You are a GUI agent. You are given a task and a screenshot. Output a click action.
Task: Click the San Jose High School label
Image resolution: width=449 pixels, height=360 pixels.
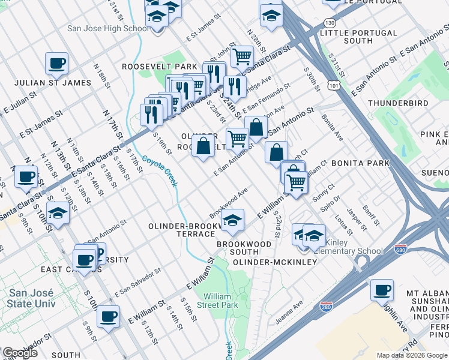point(109,28)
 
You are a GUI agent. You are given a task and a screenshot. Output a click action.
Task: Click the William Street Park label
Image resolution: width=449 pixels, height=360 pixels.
point(221,301)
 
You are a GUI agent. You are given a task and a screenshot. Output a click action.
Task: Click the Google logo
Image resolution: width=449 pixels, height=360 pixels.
point(20,353)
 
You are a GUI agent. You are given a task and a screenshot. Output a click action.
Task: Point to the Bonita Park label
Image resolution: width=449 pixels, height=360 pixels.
point(360,163)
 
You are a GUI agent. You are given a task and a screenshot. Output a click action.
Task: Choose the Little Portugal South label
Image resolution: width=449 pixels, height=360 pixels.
point(358,41)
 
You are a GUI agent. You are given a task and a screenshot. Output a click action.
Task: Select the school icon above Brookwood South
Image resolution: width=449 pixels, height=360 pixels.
point(232,220)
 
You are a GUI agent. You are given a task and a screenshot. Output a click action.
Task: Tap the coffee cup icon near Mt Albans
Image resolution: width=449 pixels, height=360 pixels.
point(381,290)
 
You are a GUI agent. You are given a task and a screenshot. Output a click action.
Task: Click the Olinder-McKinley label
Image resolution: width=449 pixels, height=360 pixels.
point(274,263)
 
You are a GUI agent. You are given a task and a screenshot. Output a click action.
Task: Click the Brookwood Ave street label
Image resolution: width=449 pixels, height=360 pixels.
point(229,204)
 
